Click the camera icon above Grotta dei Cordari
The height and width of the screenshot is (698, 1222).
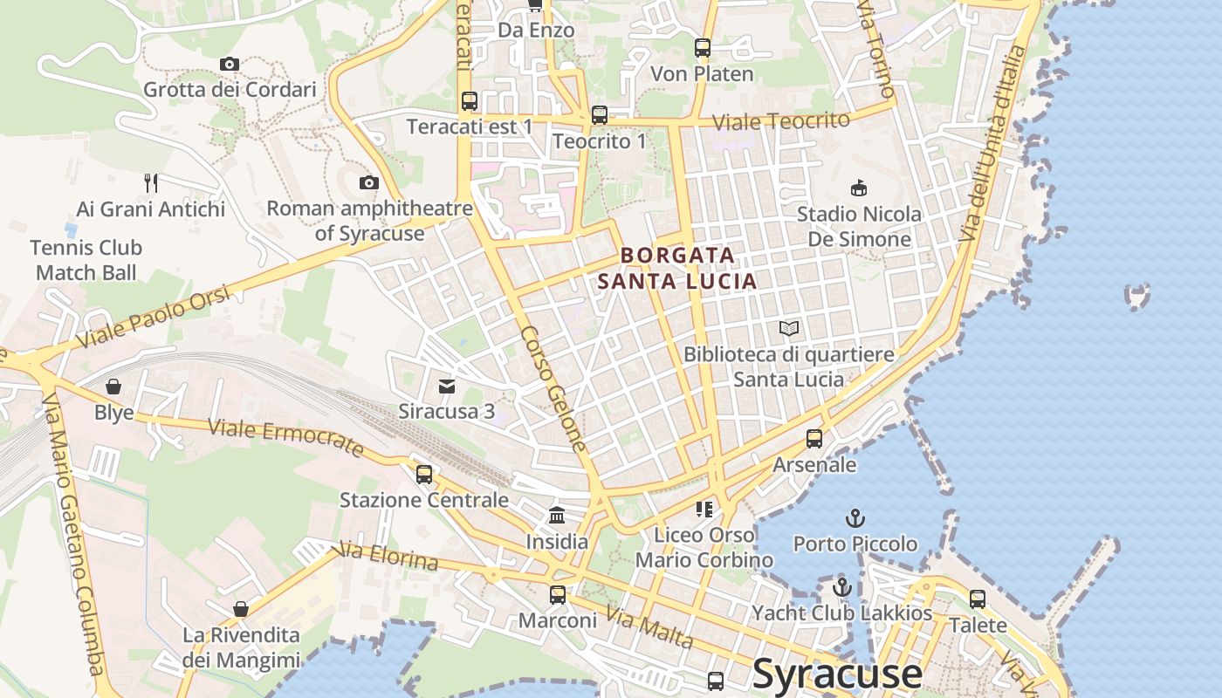click(230, 64)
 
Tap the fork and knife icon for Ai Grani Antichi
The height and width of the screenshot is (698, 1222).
click(151, 182)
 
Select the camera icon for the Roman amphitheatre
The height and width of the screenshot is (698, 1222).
click(369, 182)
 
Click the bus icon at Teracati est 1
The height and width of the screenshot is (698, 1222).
click(470, 101)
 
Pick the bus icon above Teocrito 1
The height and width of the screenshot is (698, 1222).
click(600, 115)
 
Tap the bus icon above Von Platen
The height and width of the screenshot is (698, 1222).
click(703, 48)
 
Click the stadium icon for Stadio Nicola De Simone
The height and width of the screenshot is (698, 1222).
click(859, 188)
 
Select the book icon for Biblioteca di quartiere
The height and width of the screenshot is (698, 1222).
click(789, 329)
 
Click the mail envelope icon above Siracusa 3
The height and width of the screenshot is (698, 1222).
click(447, 385)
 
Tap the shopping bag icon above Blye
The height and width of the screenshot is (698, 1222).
click(113, 387)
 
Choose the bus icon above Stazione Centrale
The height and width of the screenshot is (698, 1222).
click(424, 475)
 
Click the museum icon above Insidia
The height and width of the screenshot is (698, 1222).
click(557, 516)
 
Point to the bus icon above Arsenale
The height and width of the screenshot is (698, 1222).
click(814, 439)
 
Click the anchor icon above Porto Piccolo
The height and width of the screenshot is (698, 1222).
click(855, 518)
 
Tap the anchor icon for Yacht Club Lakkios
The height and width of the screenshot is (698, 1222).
click(842, 587)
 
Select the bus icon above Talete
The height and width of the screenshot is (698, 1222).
click(978, 599)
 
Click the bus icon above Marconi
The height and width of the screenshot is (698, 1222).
click(557, 595)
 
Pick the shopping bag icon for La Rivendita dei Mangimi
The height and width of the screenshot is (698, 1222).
click(241, 609)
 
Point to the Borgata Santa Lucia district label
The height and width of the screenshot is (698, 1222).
click(676, 268)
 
